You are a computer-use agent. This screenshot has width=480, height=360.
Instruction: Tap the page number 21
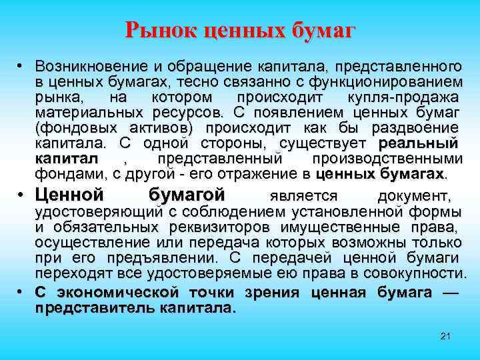pos(446,335)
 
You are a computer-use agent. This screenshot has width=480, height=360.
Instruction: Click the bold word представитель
pos(93,309)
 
